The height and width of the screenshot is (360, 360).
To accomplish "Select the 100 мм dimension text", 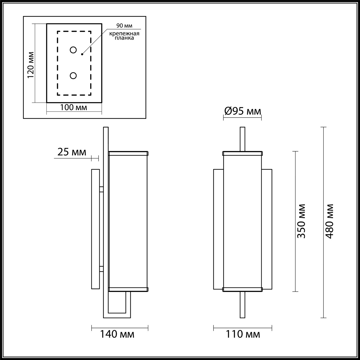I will pos(74,107).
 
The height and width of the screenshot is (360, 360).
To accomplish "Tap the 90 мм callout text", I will pos(124,26).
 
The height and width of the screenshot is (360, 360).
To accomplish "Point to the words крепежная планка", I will pos(124,36).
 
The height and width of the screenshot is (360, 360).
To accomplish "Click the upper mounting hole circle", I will pos(73,50).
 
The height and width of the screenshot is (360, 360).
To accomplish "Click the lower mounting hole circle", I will pos(73,76).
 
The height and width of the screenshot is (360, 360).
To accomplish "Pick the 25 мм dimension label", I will pos(72,152).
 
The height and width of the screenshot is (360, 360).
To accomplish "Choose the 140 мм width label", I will pos(117,334).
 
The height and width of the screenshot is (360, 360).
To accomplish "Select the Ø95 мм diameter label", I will pos(242,112).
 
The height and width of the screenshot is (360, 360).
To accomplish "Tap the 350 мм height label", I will pos(301,221).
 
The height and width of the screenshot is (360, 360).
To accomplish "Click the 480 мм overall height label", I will pos(329,221).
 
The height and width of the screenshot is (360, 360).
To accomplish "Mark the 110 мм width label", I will pos(243,334).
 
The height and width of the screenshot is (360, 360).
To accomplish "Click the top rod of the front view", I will pos(242,139).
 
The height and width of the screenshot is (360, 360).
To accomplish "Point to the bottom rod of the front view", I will pos(242,305).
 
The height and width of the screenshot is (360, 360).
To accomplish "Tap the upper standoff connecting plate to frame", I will pos(102,189).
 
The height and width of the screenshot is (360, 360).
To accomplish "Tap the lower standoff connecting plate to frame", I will pos(102,269).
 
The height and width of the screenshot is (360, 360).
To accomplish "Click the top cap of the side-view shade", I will pos(128,154).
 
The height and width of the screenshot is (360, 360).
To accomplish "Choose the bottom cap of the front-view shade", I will pos(242,289).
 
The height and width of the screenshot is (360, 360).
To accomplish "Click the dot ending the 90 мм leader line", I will pos(82,54).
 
